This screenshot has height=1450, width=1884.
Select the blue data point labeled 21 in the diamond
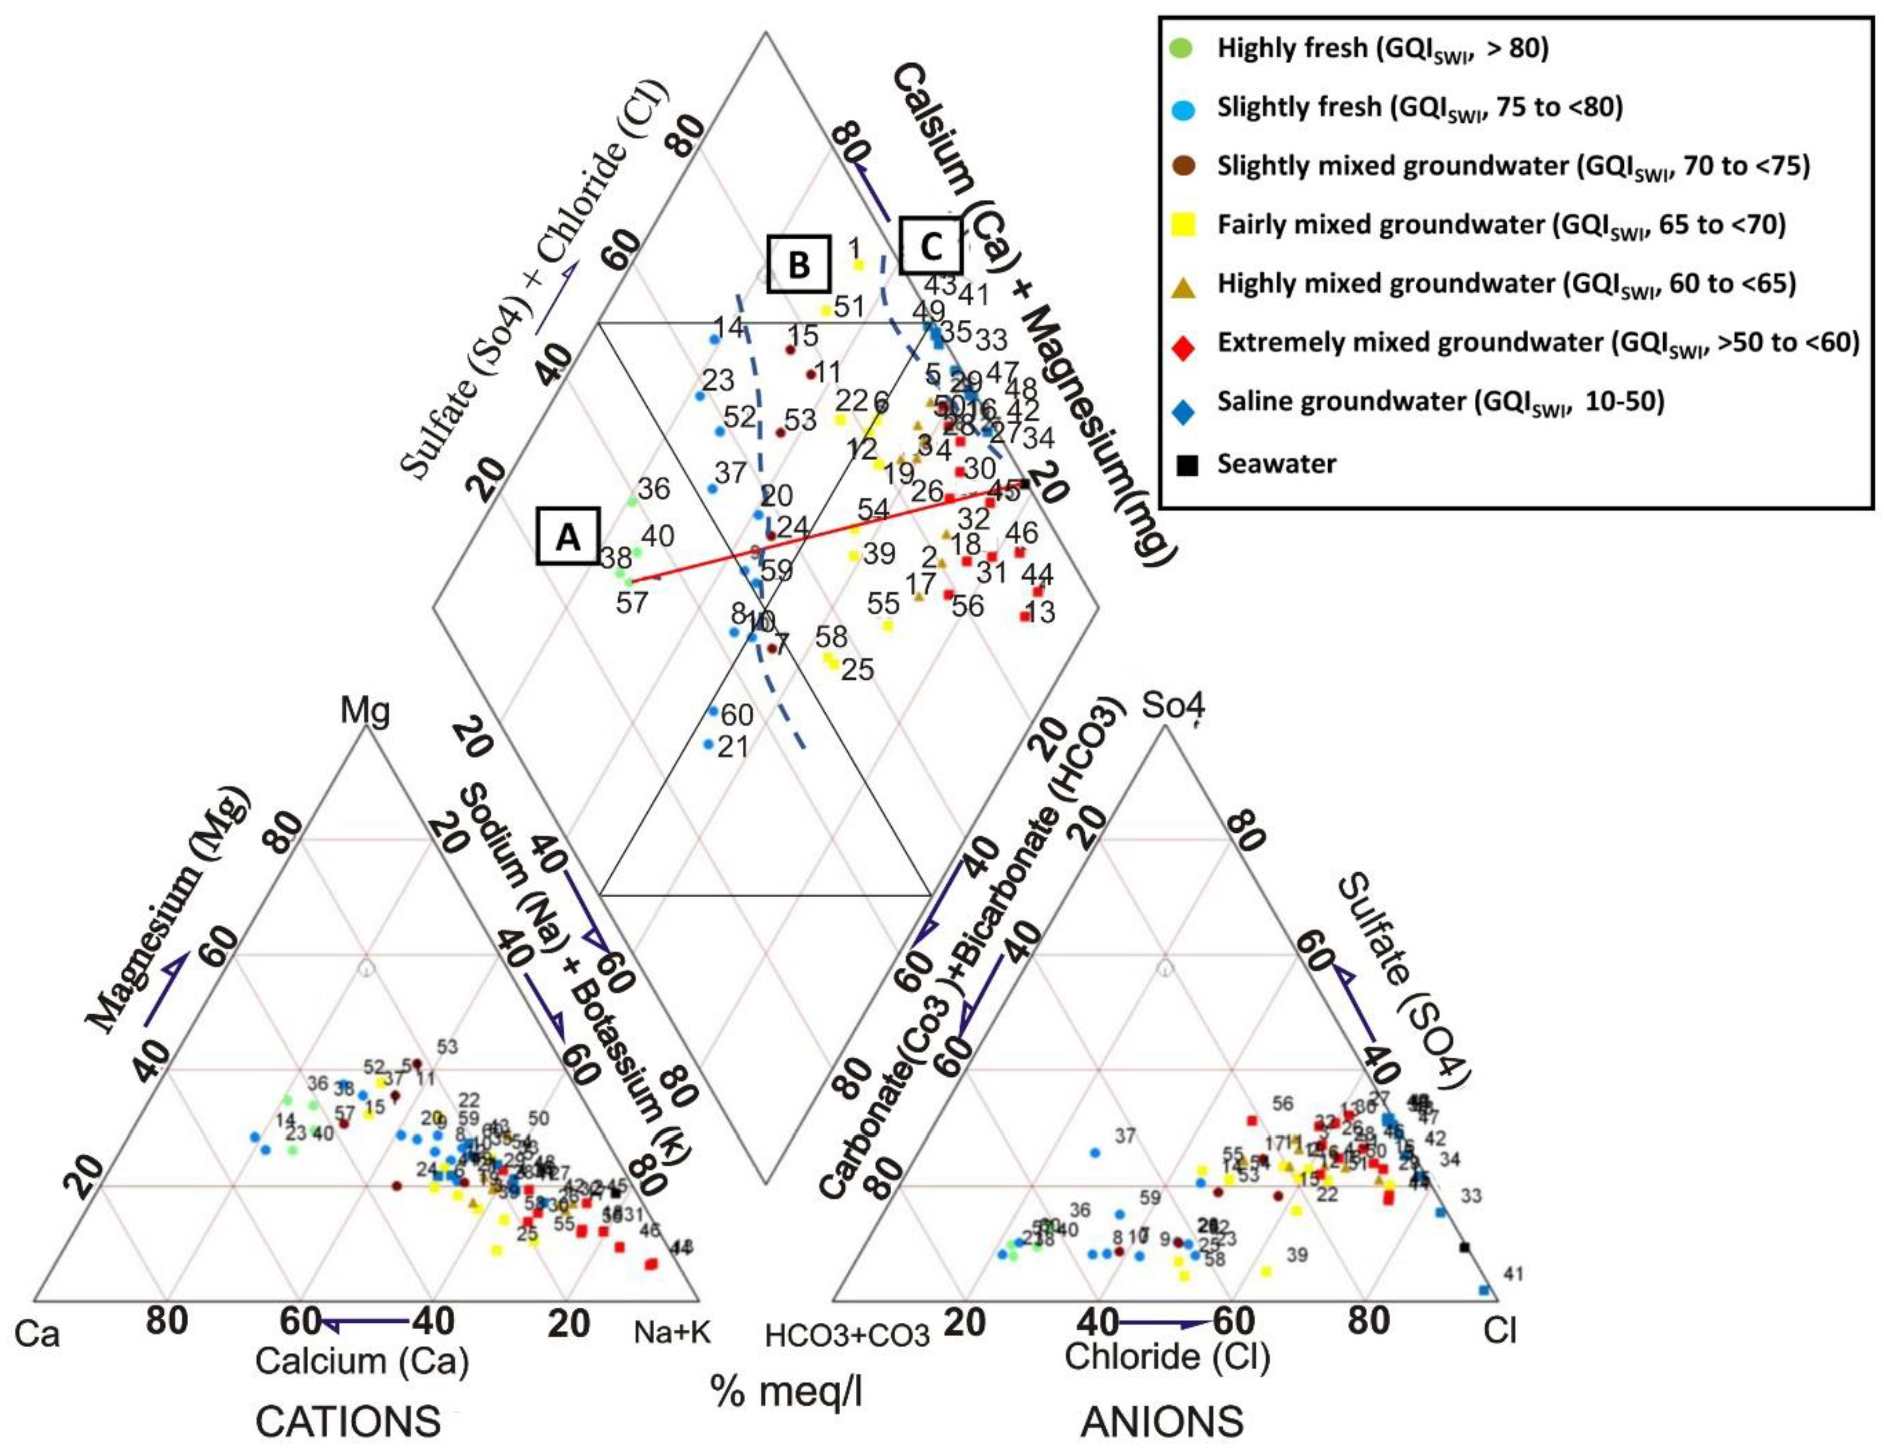point(708,743)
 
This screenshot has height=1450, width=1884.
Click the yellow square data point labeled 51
point(826,310)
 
